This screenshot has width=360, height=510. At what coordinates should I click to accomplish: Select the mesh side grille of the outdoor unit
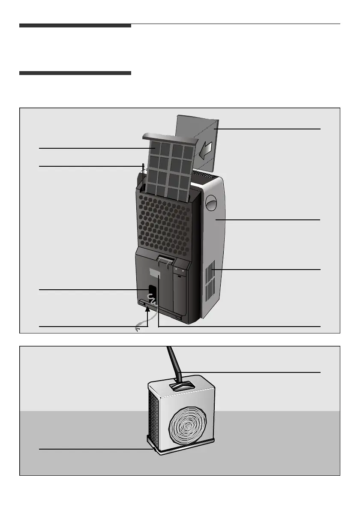pos(153,418)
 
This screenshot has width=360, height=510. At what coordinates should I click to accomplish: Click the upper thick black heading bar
pos(75,26)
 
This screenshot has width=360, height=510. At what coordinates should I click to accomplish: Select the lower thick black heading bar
pos(75,73)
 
